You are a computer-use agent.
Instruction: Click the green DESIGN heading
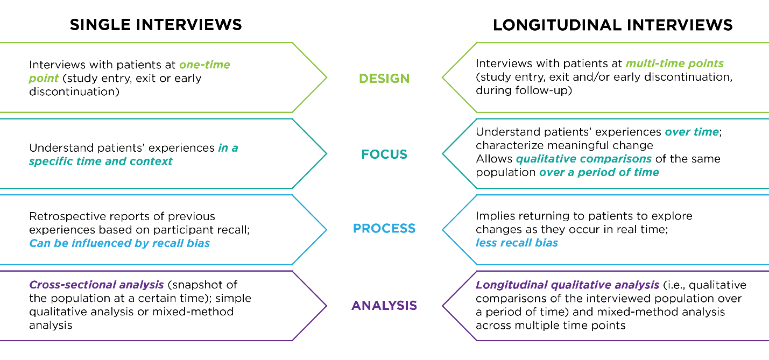point(384,78)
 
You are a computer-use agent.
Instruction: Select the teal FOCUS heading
point(384,154)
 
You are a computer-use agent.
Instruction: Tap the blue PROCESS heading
point(384,229)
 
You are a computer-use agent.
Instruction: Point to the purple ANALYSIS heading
point(384,306)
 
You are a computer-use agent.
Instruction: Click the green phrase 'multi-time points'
point(674,63)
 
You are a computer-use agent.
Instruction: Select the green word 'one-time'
point(204,65)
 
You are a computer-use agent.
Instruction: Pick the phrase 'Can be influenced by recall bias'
point(119,243)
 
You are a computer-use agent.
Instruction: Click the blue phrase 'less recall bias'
point(517,243)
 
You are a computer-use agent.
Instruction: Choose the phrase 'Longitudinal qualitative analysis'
point(567,284)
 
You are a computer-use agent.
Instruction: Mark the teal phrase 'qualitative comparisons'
point(584,159)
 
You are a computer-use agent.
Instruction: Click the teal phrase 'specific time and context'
point(101,161)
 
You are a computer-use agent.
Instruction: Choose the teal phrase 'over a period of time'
point(599,172)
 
